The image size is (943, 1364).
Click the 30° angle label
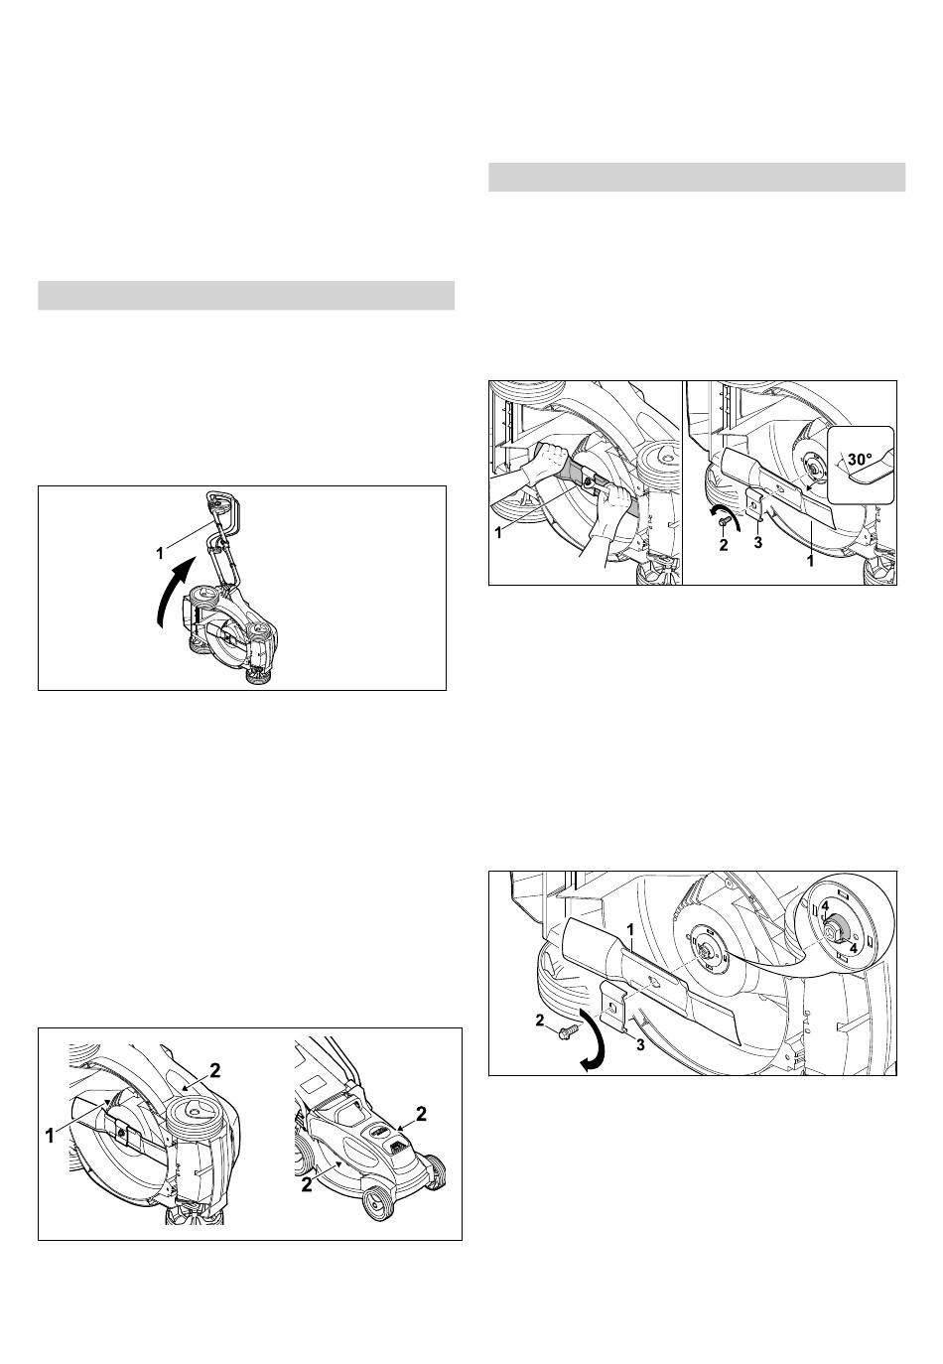(x=860, y=459)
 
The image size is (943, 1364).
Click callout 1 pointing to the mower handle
(x=160, y=553)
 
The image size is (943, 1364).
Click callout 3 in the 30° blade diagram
(x=758, y=543)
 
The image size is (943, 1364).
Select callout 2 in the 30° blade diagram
(x=724, y=546)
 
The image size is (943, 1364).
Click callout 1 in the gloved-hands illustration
(x=498, y=532)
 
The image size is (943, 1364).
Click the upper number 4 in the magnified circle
(x=825, y=923)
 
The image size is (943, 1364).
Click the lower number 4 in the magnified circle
(x=853, y=948)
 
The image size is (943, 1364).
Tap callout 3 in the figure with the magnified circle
(x=640, y=1046)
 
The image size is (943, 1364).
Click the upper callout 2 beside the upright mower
(x=420, y=1114)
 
